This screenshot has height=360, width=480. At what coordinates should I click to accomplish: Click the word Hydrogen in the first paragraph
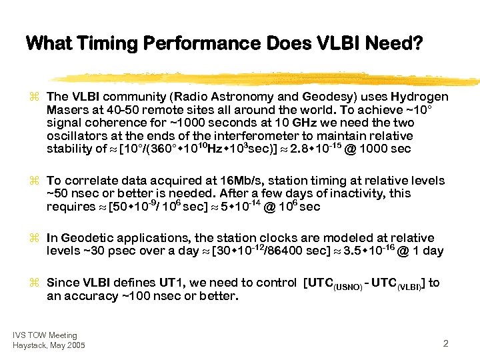pos(420,97)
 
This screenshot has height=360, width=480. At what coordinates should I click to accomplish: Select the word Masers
pos(65,110)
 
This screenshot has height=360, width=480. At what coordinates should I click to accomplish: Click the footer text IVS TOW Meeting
pos(45,335)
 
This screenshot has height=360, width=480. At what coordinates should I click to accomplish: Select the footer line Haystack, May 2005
pos(49,345)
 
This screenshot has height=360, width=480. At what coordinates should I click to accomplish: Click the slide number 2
pos(445,343)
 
